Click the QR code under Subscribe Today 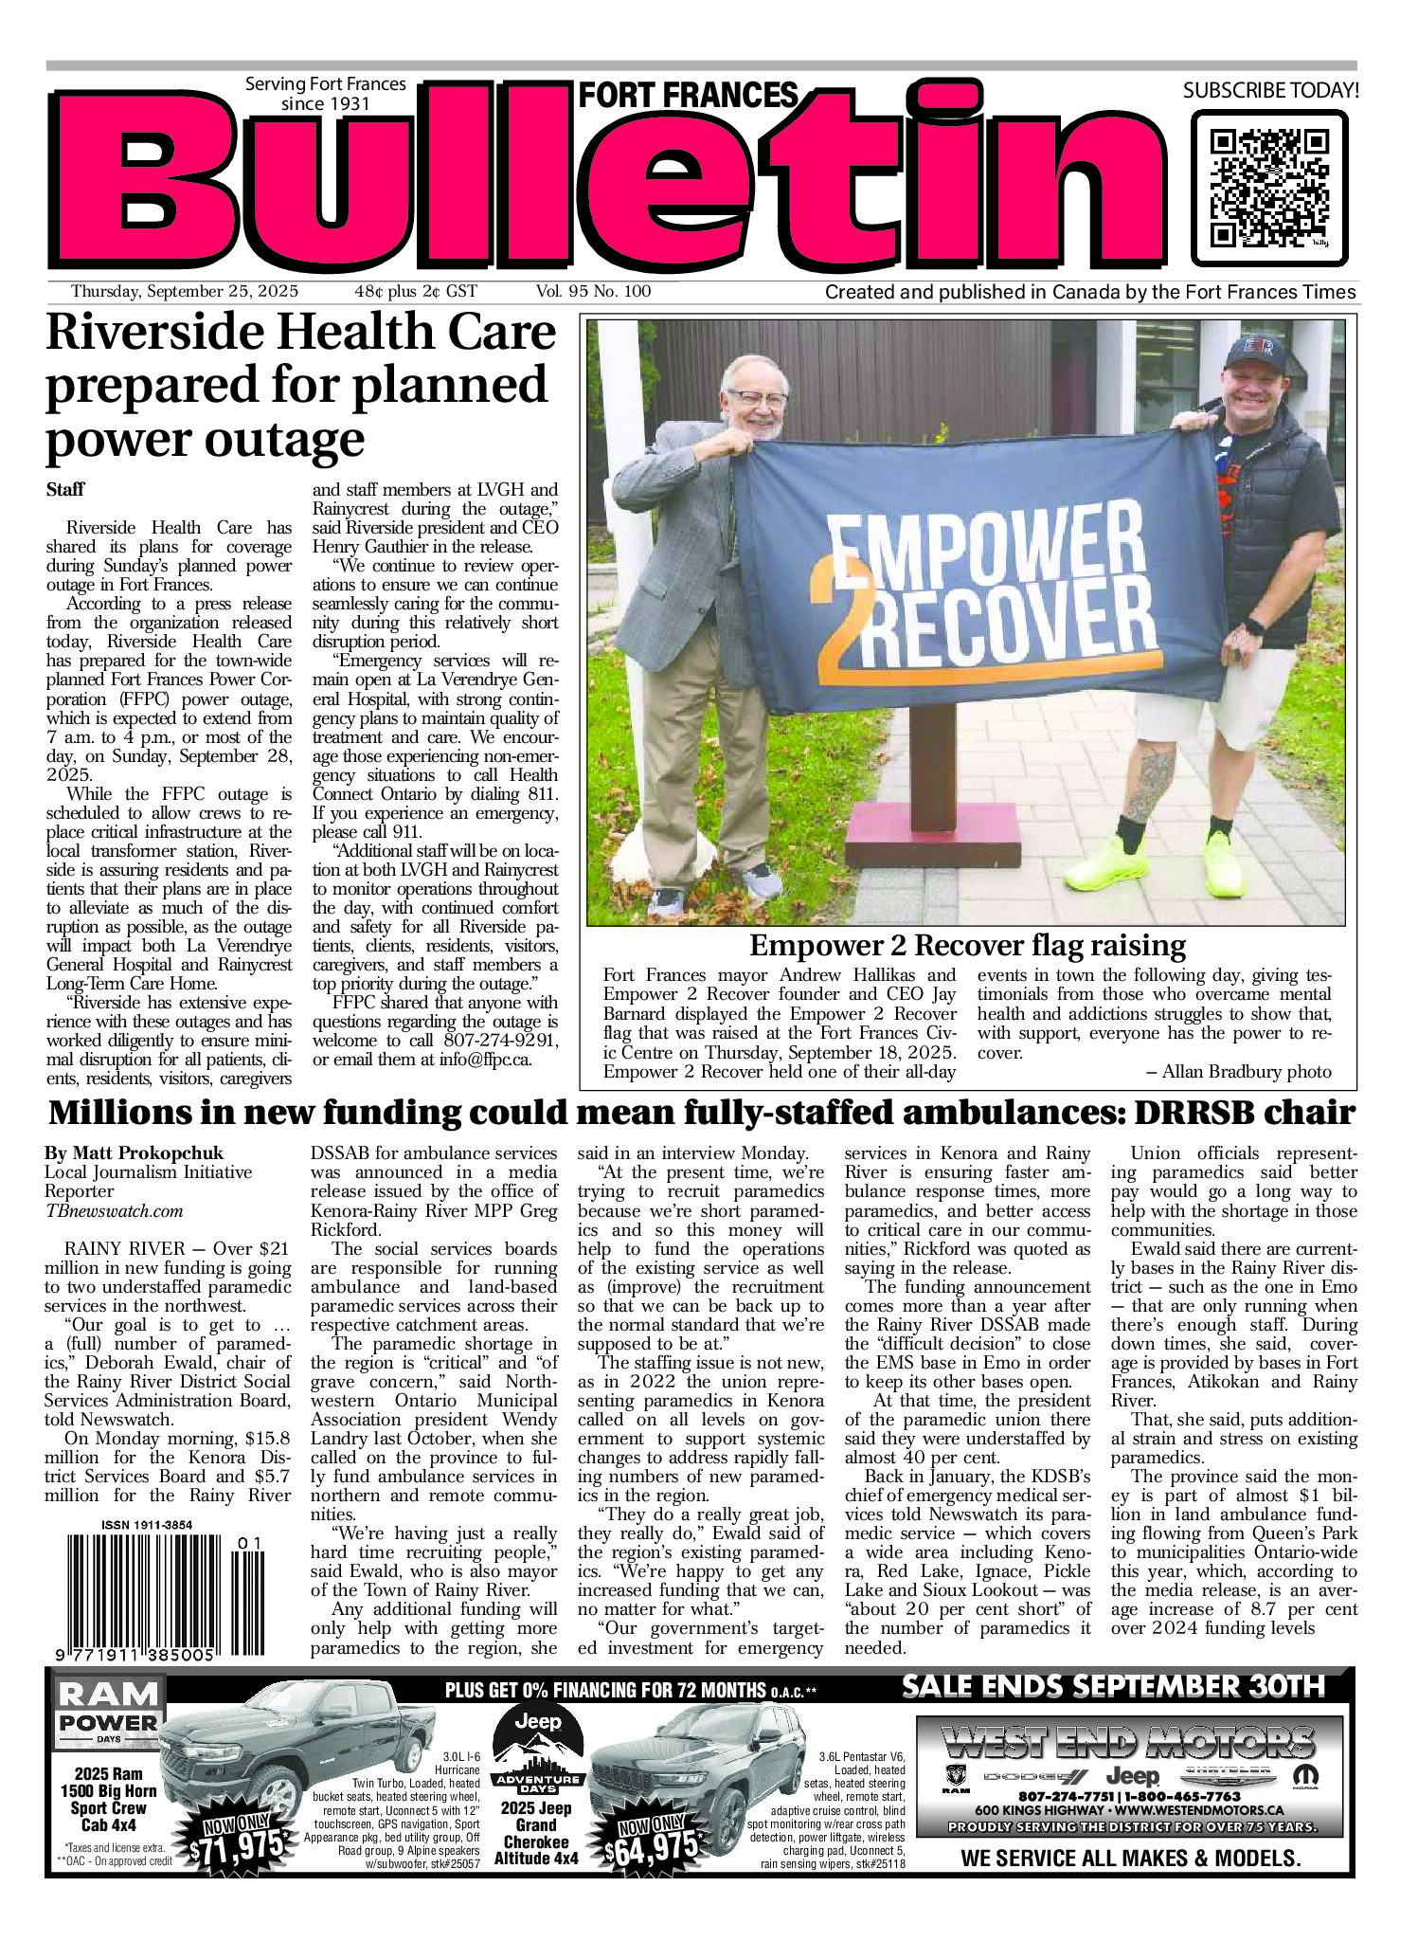coord(1268,188)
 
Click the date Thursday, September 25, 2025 coord(185,291)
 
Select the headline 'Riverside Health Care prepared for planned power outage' coord(300,386)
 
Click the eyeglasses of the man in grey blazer coord(755,399)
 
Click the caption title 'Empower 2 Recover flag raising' coord(967,946)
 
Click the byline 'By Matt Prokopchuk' coord(134,1153)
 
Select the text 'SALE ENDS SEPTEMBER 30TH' coord(1113,1687)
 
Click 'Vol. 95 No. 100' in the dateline coord(593,291)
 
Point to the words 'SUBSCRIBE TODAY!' coord(1270,91)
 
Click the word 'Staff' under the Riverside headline coord(65,489)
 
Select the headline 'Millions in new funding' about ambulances coord(701,1112)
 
